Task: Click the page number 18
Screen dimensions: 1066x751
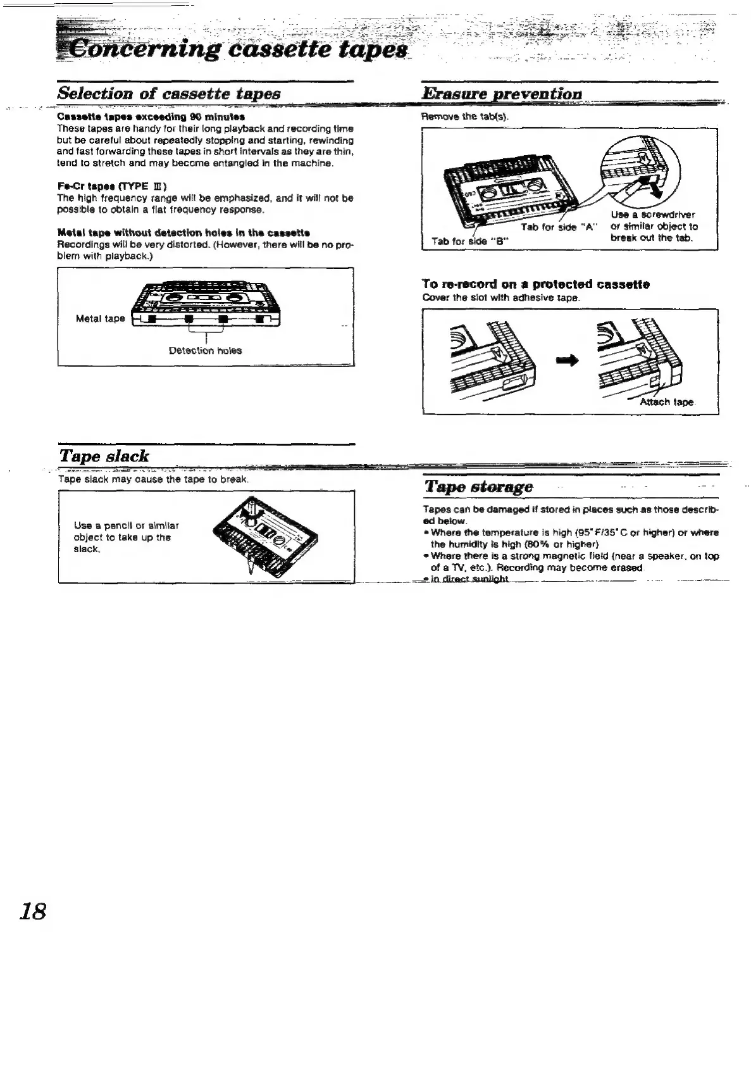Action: pos(33,911)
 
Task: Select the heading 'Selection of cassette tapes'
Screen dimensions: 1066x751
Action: pos(169,94)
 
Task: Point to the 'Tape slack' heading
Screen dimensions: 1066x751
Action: pos(104,456)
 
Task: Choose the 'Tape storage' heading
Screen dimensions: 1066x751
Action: pos(479,486)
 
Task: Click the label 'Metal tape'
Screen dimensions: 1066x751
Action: pos(100,318)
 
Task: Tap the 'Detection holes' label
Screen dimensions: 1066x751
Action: pos(205,350)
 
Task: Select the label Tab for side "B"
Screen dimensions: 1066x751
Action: pos(471,241)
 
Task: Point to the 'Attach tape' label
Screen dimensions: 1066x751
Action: pos(667,403)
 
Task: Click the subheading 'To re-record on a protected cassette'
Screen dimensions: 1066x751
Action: pos(536,284)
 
